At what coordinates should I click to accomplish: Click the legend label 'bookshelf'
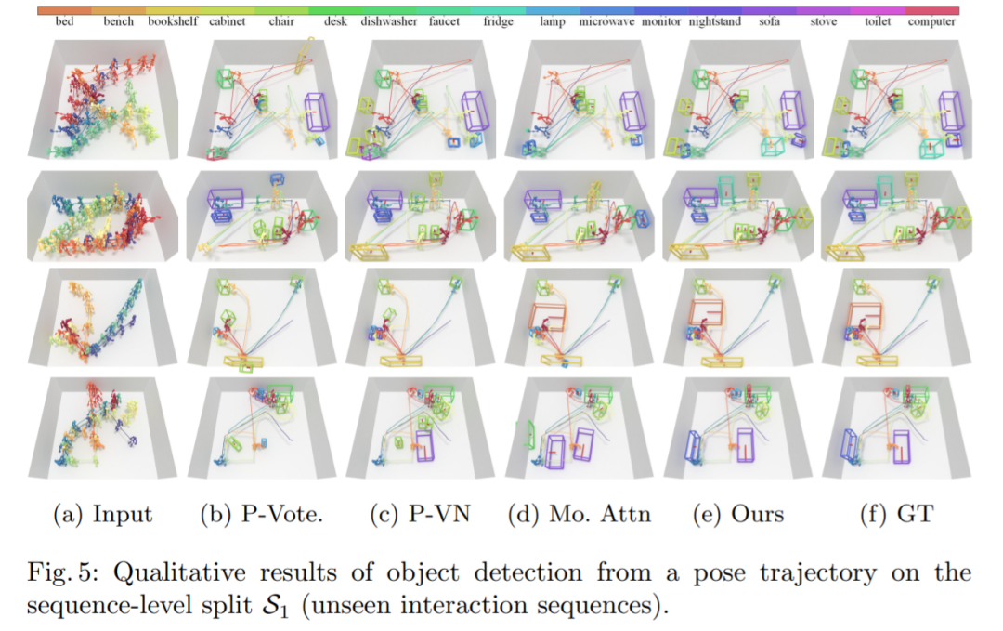tap(173, 21)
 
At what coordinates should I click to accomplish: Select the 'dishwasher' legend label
tap(388, 21)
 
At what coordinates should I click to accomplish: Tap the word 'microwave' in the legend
tap(607, 21)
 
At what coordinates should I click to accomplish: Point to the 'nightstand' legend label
tap(715, 21)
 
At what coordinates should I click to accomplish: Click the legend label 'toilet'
tap(878, 21)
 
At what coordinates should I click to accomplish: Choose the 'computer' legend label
tap(931, 21)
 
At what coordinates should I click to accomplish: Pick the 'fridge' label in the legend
tap(498, 21)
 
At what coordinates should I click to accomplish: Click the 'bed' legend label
tap(64, 21)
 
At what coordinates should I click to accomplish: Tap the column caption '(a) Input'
tap(104, 514)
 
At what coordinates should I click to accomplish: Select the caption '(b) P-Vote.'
tap(262, 514)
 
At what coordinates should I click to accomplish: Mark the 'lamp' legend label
tap(553, 21)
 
